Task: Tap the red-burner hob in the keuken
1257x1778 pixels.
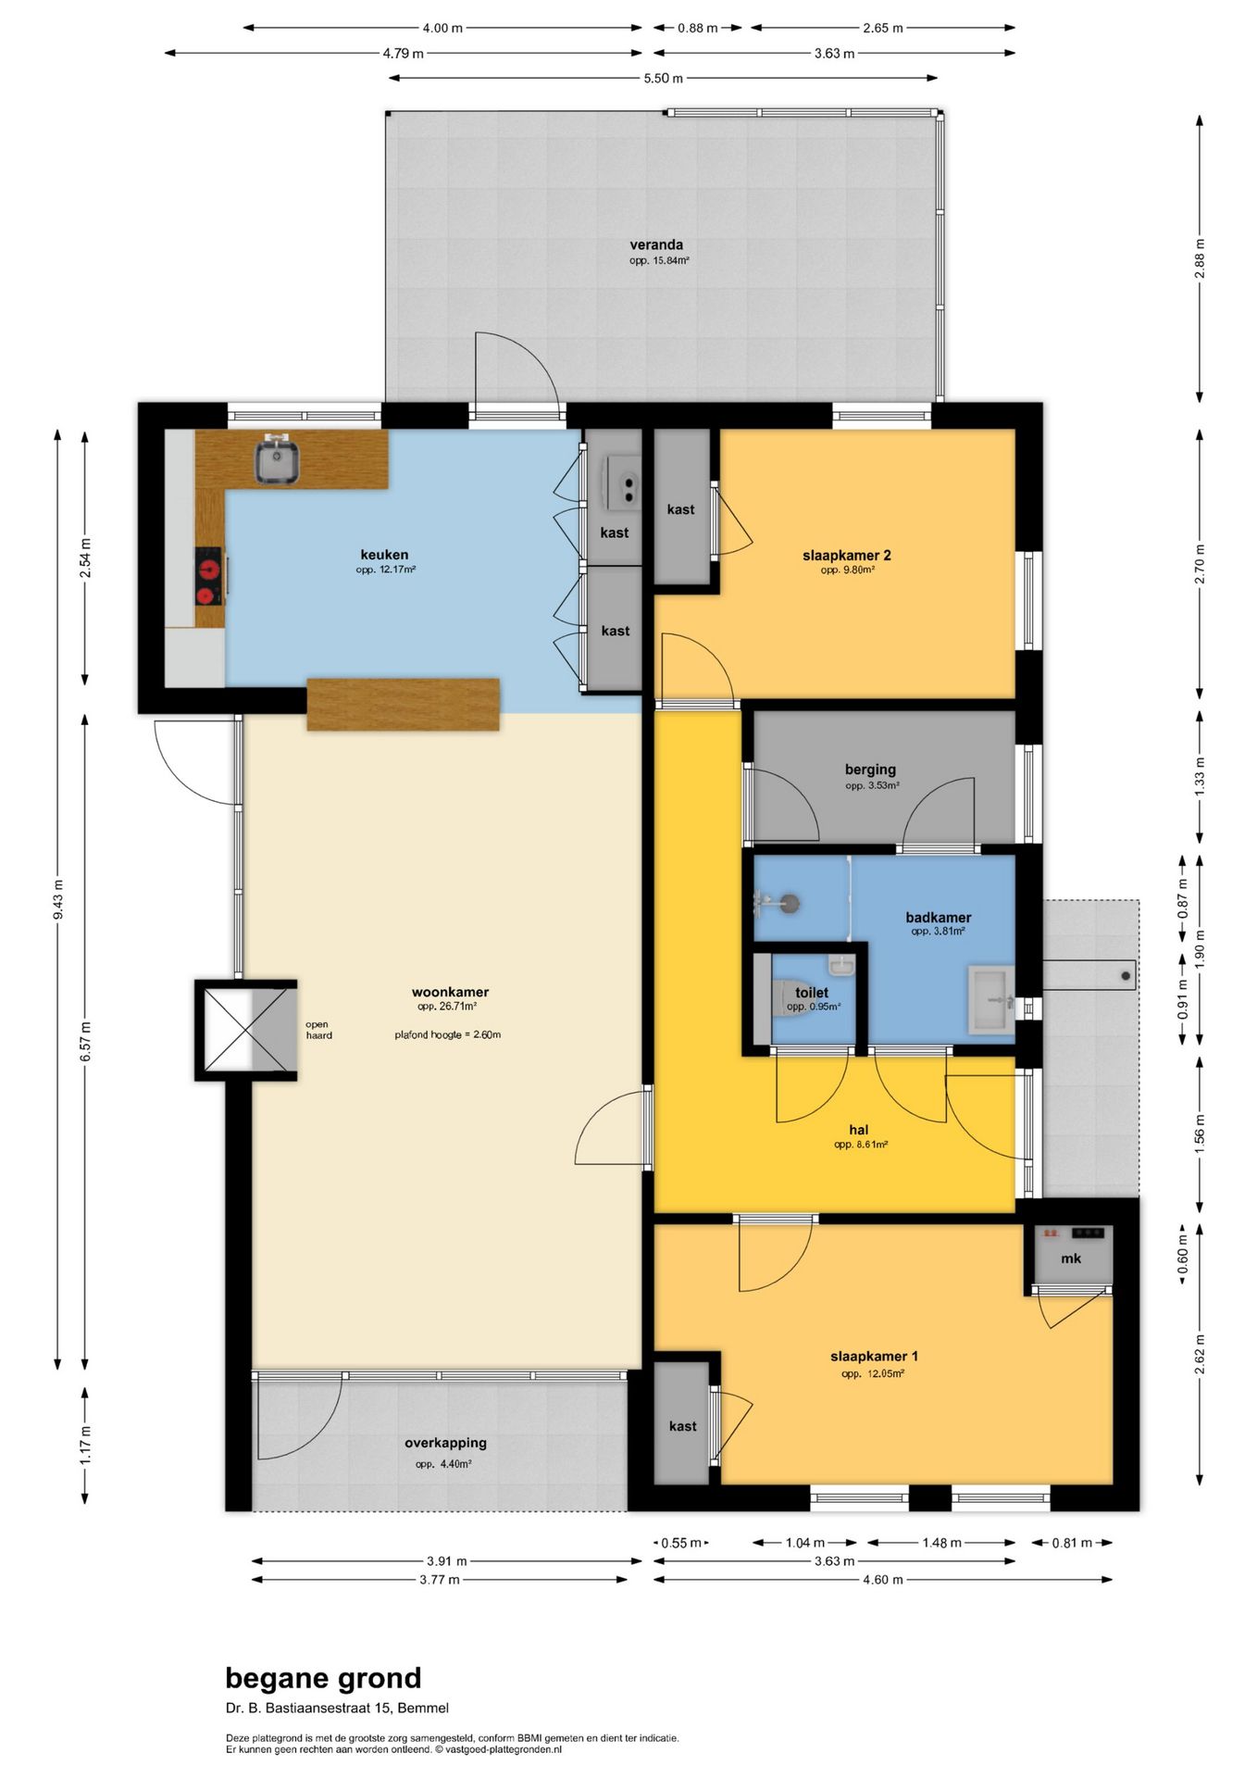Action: coord(209,576)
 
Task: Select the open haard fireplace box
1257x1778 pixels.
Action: coord(246,1030)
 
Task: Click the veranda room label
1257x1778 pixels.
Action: coord(656,245)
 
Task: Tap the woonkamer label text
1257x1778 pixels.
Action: coord(450,992)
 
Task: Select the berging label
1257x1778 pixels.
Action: coord(870,770)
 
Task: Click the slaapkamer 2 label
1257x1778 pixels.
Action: coord(847,556)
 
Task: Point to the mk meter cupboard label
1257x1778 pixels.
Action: coord(1071,1258)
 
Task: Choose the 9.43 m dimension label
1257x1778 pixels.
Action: coord(58,900)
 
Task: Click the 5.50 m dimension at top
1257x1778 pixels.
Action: coord(664,79)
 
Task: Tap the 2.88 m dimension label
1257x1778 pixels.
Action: coord(1200,258)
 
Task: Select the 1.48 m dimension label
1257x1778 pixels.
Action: coord(941,1543)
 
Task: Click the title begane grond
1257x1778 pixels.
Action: coord(323,1678)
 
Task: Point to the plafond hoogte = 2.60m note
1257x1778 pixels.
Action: coord(448,1034)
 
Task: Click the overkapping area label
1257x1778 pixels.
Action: coord(445,1443)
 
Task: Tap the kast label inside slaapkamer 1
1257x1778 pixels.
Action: coord(683,1426)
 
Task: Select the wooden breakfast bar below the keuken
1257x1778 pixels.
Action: coord(404,705)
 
